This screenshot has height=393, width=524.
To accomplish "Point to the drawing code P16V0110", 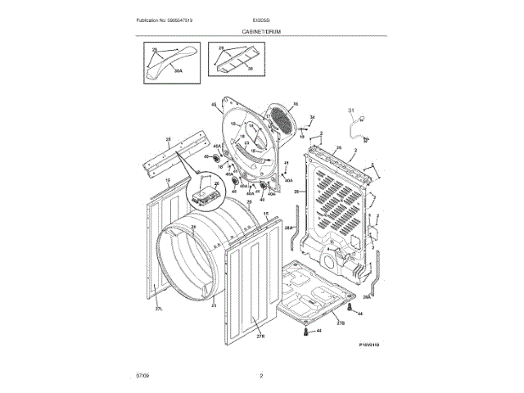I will click(369, 345).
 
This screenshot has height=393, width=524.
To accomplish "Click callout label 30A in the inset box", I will click(176, 71).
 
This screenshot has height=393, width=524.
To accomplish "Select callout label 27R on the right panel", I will click(260, 336).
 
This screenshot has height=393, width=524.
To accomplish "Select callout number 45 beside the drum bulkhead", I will click(214, 105).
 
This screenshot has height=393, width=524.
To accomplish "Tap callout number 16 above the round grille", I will click(296, 103).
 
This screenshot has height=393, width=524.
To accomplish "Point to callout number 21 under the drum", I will click(214, 305).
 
